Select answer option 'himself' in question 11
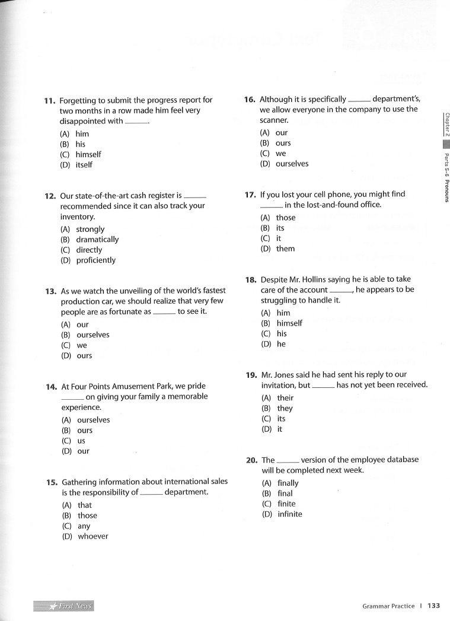coord(88,154)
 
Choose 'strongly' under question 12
coord(90,229)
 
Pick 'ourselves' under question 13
coord(93,335)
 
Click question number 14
coord(51,387)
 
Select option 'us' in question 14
coord(81,441)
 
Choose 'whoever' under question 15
coord(93,536)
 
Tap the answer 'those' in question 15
coord(87,515)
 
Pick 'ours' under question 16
coord(283,143)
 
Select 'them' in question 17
coord(285,249)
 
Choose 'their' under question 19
coord(285,398)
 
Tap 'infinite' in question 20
coord(289,514)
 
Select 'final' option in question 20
coord(285,493)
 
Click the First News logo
coord(64,606)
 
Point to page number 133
coord(433,606)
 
